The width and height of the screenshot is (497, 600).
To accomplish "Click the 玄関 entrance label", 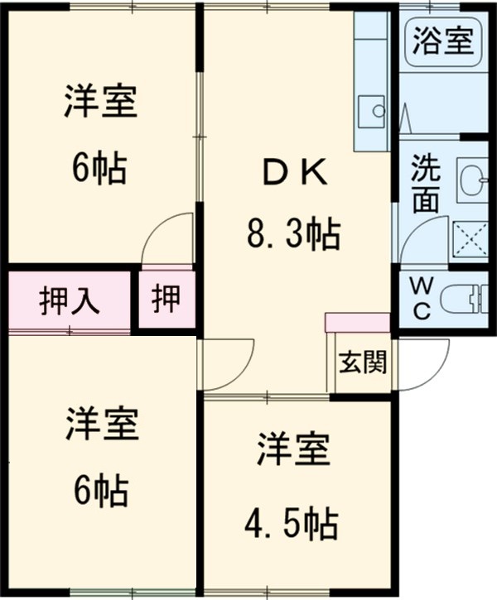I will pyautogui.click(x=361, y=362).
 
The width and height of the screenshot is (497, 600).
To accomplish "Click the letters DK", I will pyautogui.click(x=295, y=175).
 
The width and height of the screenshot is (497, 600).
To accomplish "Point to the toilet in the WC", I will pyautogui.click(x=465, y=299).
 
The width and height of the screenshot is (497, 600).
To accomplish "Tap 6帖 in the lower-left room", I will pyautogui.click(x=99, y=492).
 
